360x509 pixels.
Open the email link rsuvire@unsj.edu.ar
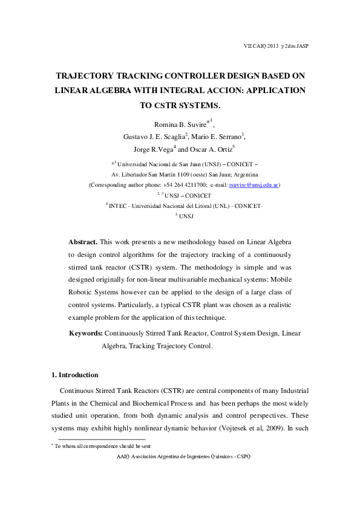tap(255, 184)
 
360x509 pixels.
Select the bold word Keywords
tap(86, 334)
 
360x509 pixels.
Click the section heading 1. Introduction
tap(75, 375)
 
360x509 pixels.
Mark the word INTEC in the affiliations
tap(118, 206)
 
